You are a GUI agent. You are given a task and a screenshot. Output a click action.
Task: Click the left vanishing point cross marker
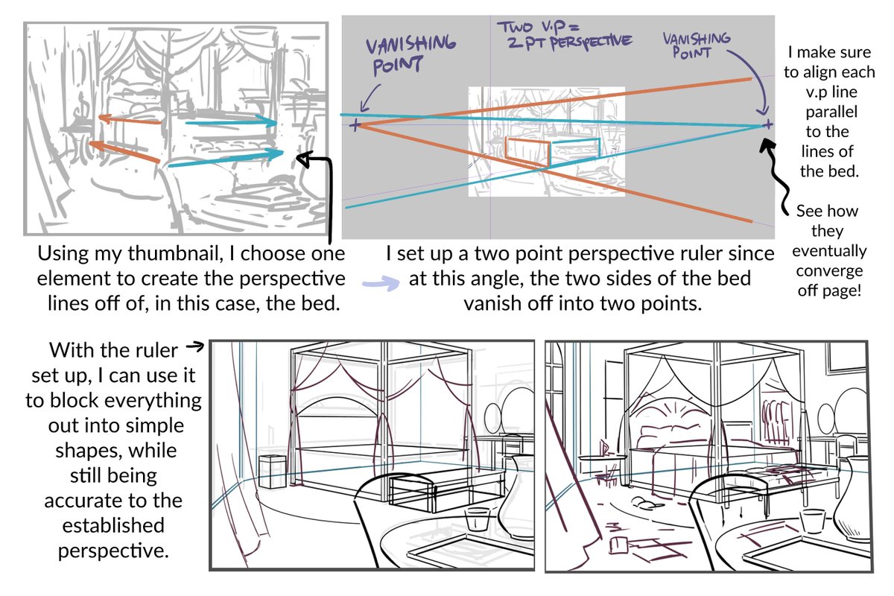point(355,125)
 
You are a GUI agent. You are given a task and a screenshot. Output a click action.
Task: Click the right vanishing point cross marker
point(767,125)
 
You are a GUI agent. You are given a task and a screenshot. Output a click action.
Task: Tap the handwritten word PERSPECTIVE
point(591,42)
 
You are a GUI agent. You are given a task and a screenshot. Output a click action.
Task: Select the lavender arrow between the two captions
point(381,282)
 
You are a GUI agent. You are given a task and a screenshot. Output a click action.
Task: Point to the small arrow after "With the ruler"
point(195,346)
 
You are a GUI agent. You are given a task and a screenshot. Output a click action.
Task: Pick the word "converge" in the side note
point(829,271)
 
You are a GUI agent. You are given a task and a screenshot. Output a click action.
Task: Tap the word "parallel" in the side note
point(831,111)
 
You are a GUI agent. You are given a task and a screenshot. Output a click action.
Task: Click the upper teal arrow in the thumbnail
point(232,121)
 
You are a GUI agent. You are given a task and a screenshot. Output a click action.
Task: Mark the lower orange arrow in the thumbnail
point(124,152)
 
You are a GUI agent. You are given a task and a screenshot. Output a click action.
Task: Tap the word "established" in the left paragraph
point(113,525)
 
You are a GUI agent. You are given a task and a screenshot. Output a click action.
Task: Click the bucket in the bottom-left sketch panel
point(478,519)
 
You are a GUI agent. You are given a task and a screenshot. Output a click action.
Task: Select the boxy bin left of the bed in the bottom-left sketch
point(273,472)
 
